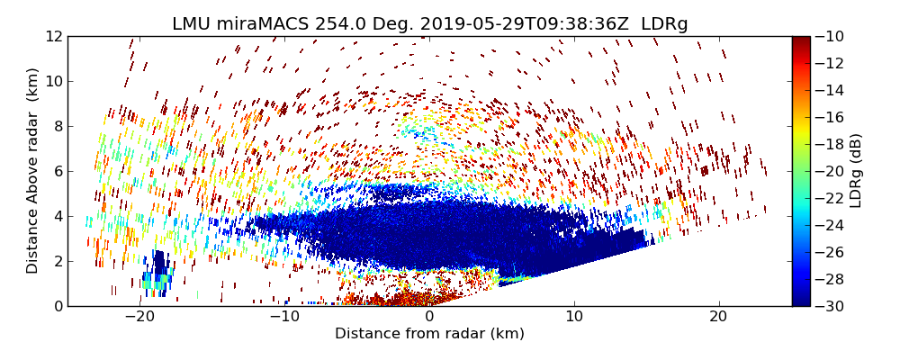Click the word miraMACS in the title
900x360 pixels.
coord(267,24)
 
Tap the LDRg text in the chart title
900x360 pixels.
coord(664,24)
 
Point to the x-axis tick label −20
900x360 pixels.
coord(139,317)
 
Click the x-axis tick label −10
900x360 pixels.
coord(283,317)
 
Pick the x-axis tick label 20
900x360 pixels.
coord(717,317)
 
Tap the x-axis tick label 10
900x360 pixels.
coord(573,317)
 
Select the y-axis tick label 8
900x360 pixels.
coord(57,126)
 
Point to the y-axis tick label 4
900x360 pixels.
coord(57,216)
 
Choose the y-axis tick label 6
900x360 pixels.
coord(57,171)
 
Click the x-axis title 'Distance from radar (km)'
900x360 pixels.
coord(429,334)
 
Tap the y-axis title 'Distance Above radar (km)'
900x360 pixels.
coord(33,171)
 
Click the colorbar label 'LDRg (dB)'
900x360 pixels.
coord(856,171)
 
